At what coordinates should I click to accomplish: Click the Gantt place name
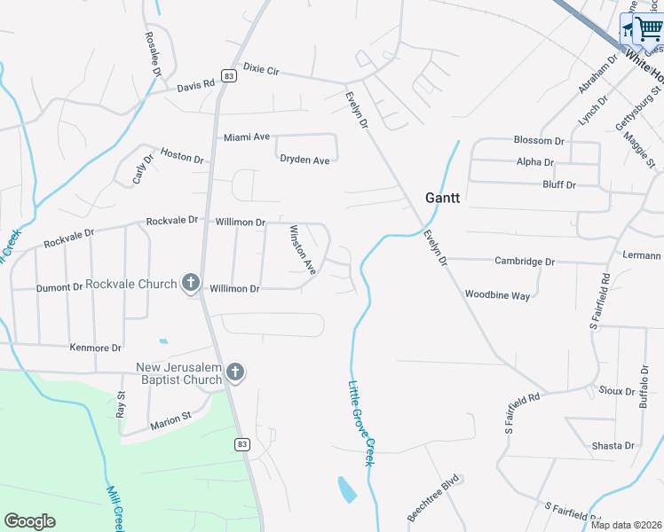click(442, 198)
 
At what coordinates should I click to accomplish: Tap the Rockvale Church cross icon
click(190, 283)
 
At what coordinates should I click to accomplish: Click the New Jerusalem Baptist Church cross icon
click(235, 372)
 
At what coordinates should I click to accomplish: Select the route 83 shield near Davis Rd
click(230, 76)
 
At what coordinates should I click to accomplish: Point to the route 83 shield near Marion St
click(242, 442)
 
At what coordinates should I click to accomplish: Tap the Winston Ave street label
click(304, 249)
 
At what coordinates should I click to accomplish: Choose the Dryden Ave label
click(304, 160)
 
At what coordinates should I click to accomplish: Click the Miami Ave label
click(246, 137)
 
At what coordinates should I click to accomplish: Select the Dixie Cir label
click(261, 68)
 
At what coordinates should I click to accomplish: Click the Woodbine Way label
click(497, 294)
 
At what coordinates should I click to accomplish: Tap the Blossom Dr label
click(539, 141)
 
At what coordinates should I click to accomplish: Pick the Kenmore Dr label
click(95, 348)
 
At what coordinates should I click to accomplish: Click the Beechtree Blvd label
click(436, 502)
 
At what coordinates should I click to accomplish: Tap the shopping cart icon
click(648, 28)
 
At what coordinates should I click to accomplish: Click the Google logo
click(29, 521)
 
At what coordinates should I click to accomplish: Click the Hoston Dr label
click(182, 155)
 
